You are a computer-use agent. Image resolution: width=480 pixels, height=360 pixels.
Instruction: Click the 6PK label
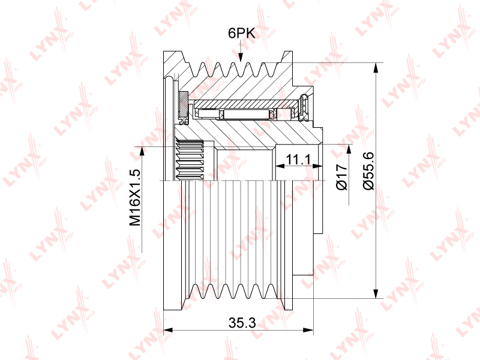242,33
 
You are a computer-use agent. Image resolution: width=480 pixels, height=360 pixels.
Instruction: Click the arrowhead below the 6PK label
241,57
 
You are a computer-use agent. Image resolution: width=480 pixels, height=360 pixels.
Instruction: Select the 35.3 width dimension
242,322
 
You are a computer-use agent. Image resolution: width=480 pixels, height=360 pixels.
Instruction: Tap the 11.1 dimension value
298,159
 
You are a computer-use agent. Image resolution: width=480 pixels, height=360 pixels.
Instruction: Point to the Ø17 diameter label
342,177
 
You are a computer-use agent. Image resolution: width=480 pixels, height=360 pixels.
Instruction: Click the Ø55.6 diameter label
368,171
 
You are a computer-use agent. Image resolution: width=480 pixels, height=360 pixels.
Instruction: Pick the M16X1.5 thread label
134,197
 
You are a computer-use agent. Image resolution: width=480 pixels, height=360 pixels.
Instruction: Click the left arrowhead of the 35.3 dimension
168,330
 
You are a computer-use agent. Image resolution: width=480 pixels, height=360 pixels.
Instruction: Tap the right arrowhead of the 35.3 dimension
308,330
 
